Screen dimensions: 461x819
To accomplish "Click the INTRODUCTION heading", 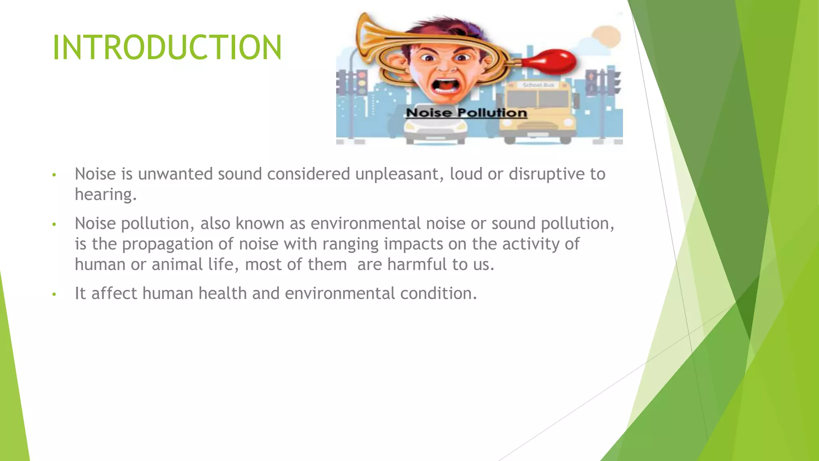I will coord(167,48).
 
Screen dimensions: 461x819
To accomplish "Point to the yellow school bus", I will coord(537,112).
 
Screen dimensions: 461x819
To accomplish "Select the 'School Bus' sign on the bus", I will coord(538,85).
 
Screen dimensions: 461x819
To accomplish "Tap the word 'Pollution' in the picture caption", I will coord(492,113).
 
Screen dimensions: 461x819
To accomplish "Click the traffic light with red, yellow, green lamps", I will coord(362,82).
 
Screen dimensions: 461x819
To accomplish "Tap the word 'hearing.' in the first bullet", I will coord(106,194).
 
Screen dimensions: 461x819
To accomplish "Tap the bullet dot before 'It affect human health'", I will coord(54,295).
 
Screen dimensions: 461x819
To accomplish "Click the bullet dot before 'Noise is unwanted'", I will coord(54,175).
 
